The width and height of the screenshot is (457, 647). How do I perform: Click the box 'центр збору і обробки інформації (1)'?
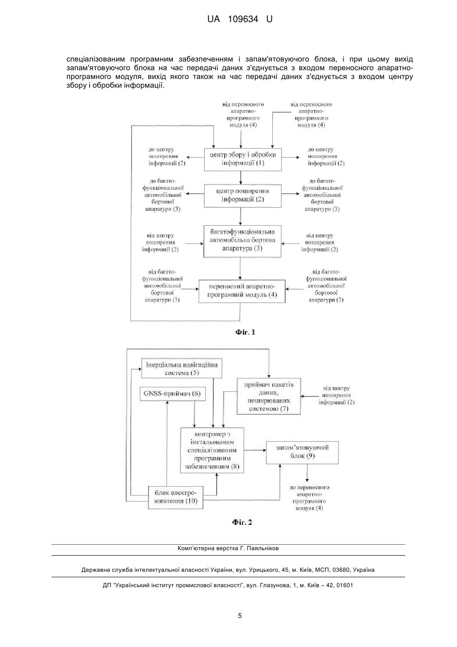pyautogui.click(x=243, y=160)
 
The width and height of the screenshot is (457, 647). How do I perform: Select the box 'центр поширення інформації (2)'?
pyautogui.click(x=243, y=196)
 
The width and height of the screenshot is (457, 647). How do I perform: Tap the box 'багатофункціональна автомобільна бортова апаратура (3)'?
pyautogui.click(x=242, y=241)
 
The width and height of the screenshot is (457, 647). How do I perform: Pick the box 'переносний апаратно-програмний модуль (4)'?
pyautogui.click(x=242, y=291)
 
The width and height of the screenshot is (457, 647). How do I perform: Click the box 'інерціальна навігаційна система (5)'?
pyautogui.click(x=181, y=368)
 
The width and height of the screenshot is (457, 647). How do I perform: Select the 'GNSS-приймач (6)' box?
pyautogui.click(x=173, y=394)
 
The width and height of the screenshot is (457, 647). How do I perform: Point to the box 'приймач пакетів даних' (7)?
pyautogui.click(x=269, y=396)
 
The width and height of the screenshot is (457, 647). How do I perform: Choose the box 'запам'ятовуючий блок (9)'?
pyautogui.click(x=302, y=453)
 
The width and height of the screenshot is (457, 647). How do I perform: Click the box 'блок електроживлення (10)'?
pyautogui.click(x=176, y=497)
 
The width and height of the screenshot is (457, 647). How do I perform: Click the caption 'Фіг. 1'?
pyautogui.click(x=245, y=332)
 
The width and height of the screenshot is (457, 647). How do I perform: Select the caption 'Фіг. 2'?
pyautogui.click(x=242, y=522)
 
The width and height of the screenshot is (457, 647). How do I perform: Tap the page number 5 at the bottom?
pyautogui.click(x=240, y=615)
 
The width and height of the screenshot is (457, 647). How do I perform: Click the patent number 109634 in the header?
pyautogui.click(x=243, y=19)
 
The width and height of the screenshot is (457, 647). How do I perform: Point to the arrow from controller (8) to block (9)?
pyautogui.click(x=255, y=450)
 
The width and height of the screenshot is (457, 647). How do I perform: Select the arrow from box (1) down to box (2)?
pyautogui.click(x=241, y=177)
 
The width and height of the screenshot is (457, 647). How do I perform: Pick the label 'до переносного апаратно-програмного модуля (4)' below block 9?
pyautogui.click(x=309, y=497)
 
